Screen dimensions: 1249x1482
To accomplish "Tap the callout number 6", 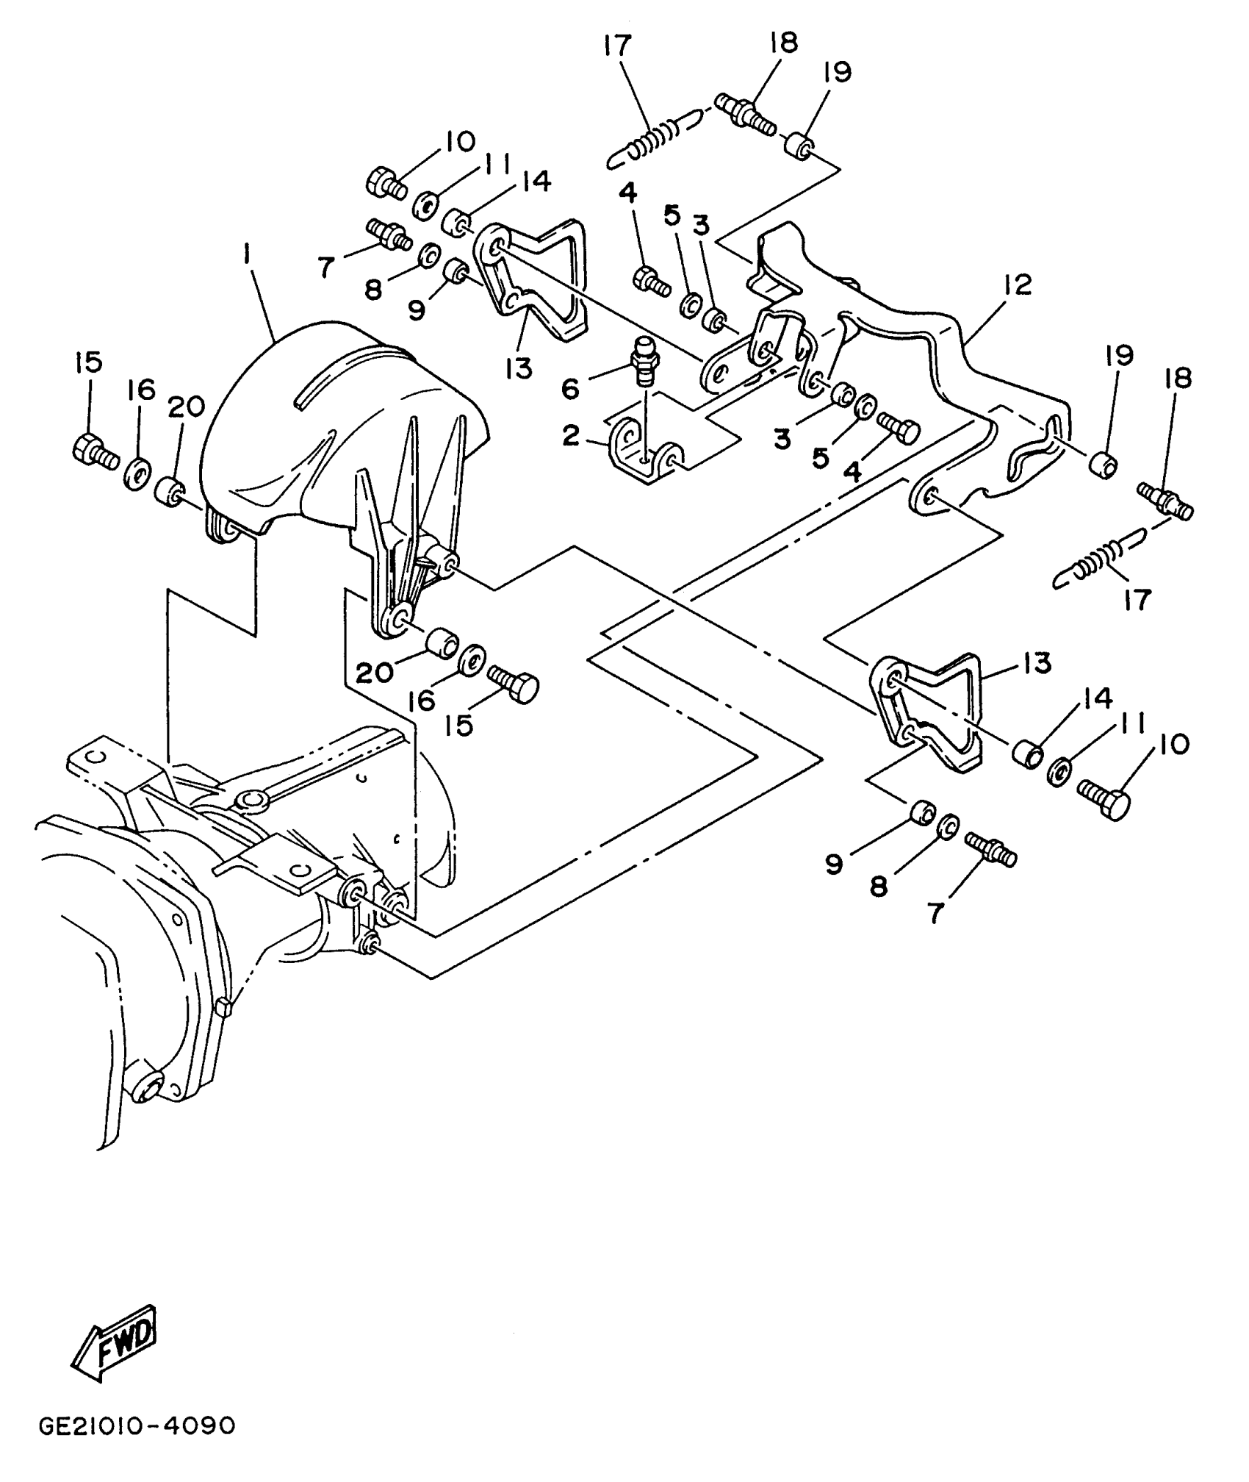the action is pos(571,387).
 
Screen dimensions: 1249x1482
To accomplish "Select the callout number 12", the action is pos(1018,284).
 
